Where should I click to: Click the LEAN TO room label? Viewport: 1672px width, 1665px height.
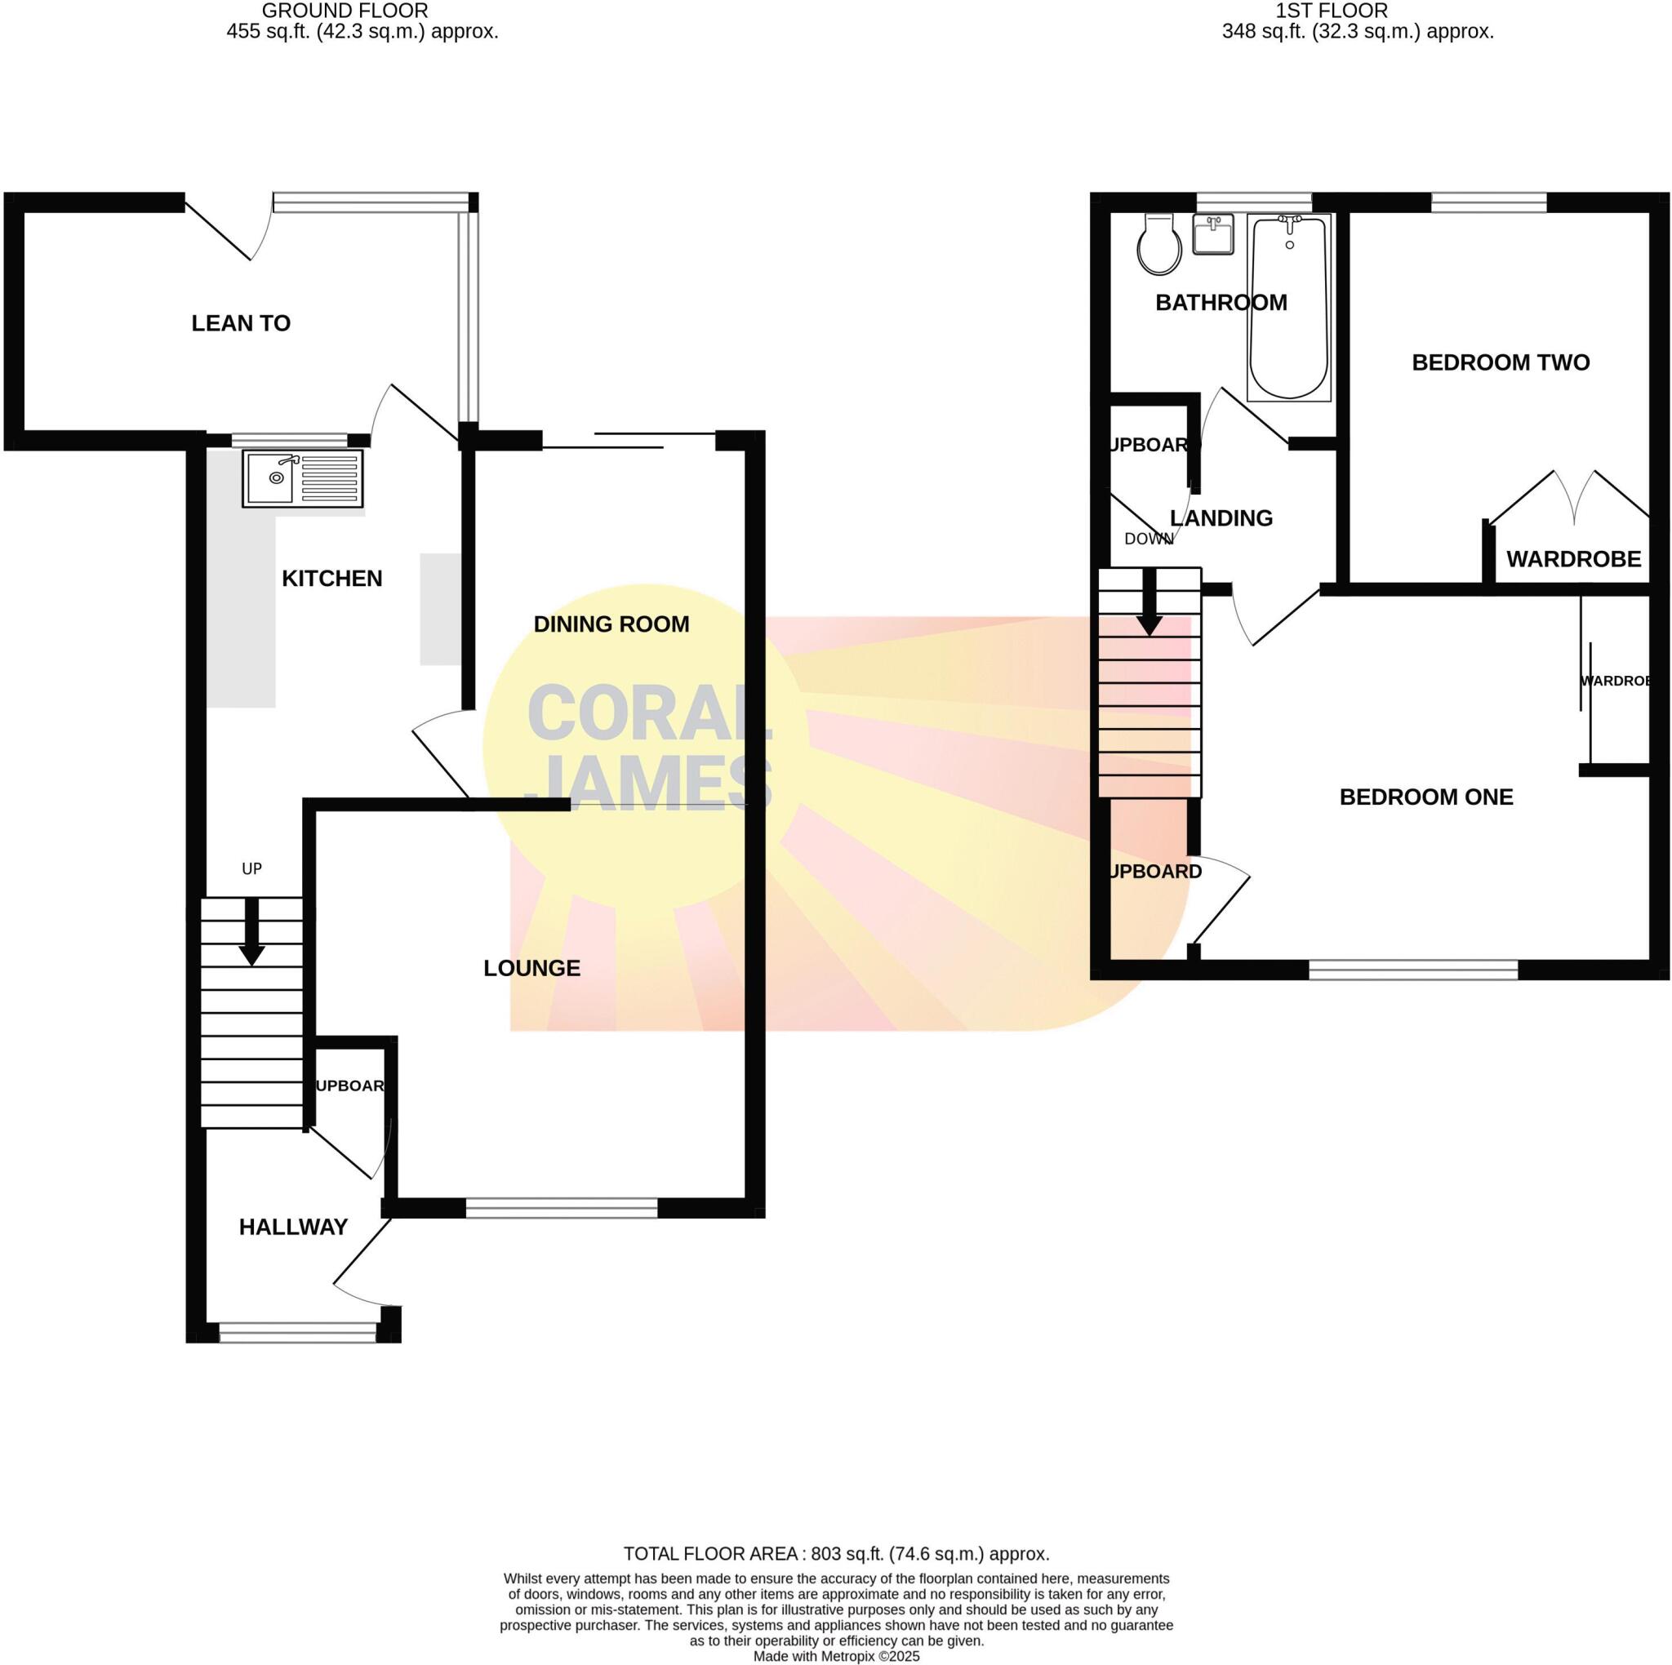click(x=241, y=324)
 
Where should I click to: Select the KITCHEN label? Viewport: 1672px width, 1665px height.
click(x=331, y=579)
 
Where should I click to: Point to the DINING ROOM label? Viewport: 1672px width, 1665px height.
click(x=611, y=624)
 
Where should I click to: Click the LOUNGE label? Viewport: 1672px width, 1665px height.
click(x=531, y=968)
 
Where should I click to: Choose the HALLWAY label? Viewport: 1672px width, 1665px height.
click(x=293, y=1227)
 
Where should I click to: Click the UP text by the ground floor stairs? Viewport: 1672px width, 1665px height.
click(x=251, y=869)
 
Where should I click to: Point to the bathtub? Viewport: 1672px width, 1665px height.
click(x=1289, y=308)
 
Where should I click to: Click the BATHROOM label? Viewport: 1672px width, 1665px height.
click(x=1221, y=303)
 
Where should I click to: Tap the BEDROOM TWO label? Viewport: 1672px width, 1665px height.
click(x=1501, y=362)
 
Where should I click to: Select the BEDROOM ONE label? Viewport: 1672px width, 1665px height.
click(x=1426, y=797)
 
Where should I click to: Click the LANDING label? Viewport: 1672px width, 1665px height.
click(x=1221, y=518)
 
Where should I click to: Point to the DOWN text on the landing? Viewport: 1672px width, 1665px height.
click(x=1149, y=539)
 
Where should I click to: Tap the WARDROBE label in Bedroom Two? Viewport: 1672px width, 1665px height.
click(x=1573, y=559)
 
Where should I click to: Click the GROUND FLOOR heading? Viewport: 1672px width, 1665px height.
click(x=345, y=11)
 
